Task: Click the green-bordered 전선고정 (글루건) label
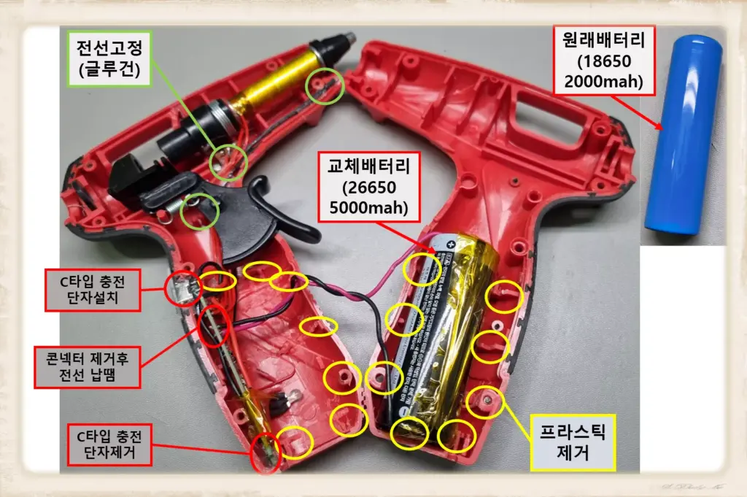(x=109, y=59)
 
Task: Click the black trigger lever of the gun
(x=277, y=219)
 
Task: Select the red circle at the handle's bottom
(x=266, y=453)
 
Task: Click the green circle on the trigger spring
(x=200, y=211)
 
